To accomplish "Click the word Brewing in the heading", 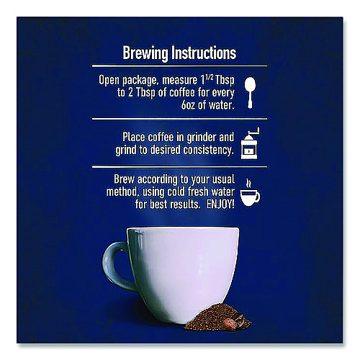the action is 145,53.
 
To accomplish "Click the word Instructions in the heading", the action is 204,53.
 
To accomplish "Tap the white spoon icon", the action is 250,93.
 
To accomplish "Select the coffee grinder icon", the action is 250,143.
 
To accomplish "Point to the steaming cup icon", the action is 250,193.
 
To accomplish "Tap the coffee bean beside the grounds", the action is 230,323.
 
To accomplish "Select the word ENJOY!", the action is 220,204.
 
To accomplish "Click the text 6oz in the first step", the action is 188,105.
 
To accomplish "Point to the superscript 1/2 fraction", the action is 208,78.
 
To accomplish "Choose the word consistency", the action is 208,150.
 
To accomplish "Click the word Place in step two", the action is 134,138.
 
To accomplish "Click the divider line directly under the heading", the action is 179,66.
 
